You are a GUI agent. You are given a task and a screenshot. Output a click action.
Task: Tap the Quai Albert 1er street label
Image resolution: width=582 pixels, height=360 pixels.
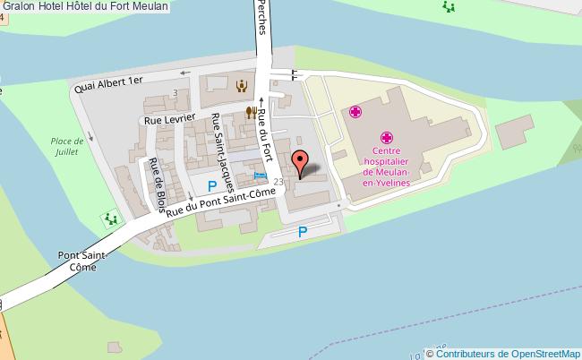click(109, 83)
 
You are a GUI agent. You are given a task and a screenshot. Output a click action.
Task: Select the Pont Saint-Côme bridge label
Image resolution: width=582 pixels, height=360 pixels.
click(83, 261)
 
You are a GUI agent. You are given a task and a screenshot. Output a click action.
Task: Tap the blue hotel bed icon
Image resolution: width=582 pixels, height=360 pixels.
click(261, 176)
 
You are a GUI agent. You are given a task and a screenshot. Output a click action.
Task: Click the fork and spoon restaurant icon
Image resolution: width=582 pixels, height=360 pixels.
click(252, 112)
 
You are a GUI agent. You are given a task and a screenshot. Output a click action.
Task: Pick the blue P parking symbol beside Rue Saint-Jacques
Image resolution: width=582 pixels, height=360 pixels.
click(212, 185)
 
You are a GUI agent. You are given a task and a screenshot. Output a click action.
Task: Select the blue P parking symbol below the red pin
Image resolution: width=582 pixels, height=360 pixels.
click(303, 232)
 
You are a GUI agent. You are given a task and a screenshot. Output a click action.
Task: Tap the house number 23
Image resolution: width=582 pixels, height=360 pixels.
click(279, 182)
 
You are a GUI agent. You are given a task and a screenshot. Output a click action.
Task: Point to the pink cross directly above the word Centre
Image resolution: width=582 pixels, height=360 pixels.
click(387, 138)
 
